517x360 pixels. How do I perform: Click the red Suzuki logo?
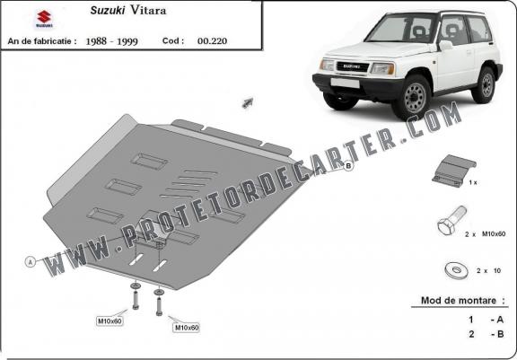point(44,19)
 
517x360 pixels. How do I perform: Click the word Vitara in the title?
point(148,10)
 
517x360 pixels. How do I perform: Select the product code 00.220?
point(212,41)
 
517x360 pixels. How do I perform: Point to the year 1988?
point(96,41)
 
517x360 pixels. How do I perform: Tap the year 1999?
point(127,41)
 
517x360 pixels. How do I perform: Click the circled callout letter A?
point(31,262)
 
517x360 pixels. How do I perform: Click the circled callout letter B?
point(348,166)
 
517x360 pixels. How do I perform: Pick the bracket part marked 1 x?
point(453,171)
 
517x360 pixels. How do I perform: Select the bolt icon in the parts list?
point(451,220)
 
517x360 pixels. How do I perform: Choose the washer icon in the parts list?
point(457,270)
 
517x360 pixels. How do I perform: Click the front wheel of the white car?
point(413,97)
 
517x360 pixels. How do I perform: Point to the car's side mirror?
point(445,46)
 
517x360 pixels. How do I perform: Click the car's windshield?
point(401,29)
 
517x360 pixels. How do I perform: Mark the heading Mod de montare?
point(459,301)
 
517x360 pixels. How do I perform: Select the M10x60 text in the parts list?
point(494,233)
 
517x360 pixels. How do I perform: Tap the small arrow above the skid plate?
point(248,102)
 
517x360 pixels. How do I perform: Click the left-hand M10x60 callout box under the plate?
point(110,320)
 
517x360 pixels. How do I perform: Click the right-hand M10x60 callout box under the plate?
point(187,328)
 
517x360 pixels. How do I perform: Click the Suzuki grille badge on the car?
point(352,66)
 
